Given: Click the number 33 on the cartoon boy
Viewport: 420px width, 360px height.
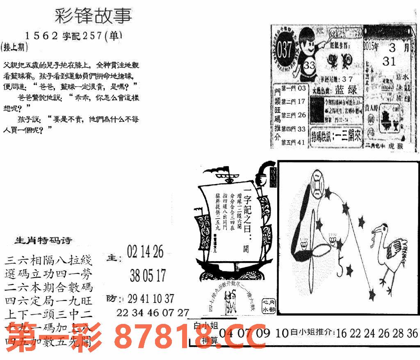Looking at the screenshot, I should [x=310, y=66].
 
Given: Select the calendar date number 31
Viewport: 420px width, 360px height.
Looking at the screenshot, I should [x=389, y=62].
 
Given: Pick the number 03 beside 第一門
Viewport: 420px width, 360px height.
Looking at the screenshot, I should [x=302, y=89].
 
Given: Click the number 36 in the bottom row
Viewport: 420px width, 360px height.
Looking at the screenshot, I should [x=412, y=333].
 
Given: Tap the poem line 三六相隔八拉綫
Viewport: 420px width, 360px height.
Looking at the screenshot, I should [x=49, y=260].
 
